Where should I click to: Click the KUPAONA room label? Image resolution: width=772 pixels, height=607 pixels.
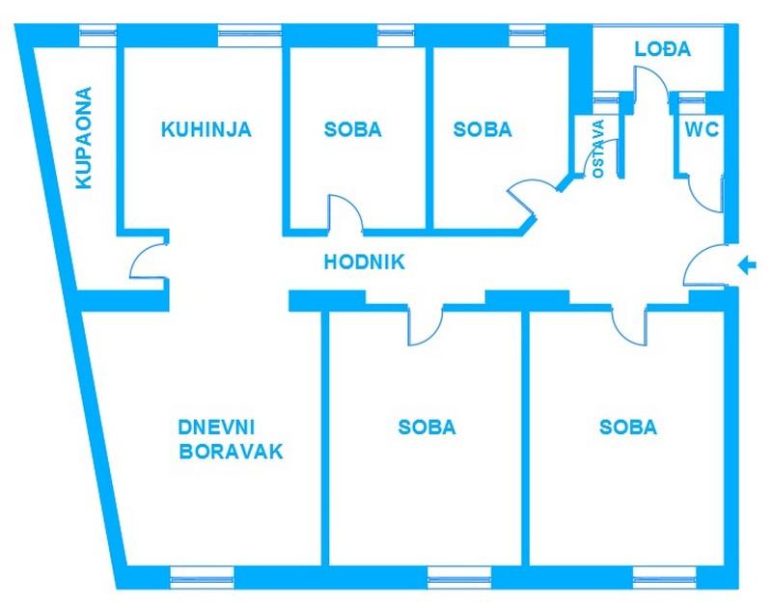(x=84, y=138)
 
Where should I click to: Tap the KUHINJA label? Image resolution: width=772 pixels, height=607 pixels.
(x=207, y=129)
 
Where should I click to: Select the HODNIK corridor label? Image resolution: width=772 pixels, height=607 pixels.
(x=364, y=261)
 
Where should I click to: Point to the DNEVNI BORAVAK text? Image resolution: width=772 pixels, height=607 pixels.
(x=232, y=439)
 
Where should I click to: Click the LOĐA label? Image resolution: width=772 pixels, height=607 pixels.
(x=663, y=50)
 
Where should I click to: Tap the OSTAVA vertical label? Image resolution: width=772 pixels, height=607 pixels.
(x=598, y=149)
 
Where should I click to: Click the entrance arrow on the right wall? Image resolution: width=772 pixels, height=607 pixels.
(x=746, y=263)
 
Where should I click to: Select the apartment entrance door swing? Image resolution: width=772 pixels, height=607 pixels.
(x=704, y=266)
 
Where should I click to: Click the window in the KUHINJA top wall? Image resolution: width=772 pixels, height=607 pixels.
(x=249, y=35)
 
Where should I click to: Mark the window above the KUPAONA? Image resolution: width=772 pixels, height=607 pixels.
(x=97, y=35)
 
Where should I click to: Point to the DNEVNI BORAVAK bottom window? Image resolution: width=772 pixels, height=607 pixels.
(x=203, y=577)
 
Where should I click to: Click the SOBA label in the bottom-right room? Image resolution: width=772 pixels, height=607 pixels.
(x=628, y=427)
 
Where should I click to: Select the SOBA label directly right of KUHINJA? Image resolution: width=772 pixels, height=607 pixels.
(x=352, y=129)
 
